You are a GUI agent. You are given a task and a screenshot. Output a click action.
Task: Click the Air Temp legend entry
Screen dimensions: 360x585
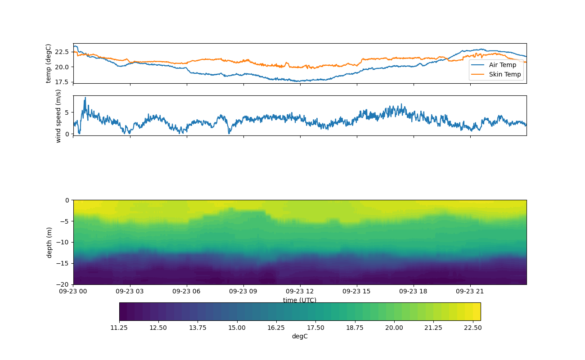click(x=502, y=65)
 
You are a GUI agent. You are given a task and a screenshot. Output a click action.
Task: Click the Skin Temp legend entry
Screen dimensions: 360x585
click(x=504, y=74)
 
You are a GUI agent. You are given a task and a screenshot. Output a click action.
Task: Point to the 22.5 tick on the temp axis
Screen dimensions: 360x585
click(x=63, y=52)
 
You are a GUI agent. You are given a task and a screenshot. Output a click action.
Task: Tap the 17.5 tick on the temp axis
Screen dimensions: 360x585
click(x=63, y=82)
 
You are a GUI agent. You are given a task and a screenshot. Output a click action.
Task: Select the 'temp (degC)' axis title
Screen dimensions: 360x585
click(x=49, y=63)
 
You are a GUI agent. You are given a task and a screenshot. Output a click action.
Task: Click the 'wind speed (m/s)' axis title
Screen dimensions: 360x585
click(x=58, y=116)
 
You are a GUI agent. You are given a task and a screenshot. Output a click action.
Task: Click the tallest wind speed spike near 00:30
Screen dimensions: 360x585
click(x=85, y=98)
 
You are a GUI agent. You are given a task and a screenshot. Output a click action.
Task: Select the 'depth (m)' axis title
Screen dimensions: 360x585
click(x=49, y=243)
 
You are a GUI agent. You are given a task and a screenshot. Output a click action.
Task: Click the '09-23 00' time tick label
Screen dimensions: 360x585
click(x=73, y=291)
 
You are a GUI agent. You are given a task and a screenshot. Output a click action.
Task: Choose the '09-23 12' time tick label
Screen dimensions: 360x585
click(x=300, y=291)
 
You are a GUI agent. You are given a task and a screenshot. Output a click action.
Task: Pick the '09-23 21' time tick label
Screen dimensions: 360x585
click(x=470, y=291)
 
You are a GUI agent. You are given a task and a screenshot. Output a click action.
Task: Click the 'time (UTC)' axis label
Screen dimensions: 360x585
click(x=300, y=300)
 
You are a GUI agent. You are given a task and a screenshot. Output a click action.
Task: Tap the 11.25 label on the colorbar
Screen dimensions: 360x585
click(x=119, y=328)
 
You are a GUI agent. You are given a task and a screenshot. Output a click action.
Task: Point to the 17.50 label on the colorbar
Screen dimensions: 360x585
click(x=315, y=328)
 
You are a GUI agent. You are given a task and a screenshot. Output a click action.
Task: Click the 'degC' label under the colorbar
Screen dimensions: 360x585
click(x=300, y=336)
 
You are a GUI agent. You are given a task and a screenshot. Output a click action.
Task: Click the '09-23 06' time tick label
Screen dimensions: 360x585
click(x=187, y=291)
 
